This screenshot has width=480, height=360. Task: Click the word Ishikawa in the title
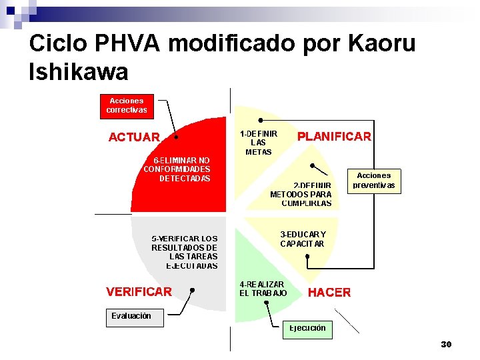pos(79,71)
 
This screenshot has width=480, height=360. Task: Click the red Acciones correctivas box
pos(127,105)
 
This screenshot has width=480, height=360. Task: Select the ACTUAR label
pos(134,137)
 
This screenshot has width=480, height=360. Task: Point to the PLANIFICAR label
pos(334,137)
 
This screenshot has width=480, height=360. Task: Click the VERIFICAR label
pos(139,291)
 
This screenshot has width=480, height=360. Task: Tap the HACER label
pos(329,293)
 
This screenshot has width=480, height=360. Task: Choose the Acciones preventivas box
pos(374,181)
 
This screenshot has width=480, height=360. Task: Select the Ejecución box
pos(307,328)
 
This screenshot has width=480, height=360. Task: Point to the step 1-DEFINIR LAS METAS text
pos(259,143)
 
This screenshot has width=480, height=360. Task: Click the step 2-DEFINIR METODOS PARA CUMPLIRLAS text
pos(301,194)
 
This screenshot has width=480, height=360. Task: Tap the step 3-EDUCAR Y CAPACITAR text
pos(303,239)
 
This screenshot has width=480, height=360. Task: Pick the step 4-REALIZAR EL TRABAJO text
pos(263,289)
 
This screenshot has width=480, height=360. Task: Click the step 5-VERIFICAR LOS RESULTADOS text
pos(185,252)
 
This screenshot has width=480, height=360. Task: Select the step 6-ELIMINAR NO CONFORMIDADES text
pos(177,169)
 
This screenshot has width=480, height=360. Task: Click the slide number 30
pos(446,344)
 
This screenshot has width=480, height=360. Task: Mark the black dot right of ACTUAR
pos(176,137)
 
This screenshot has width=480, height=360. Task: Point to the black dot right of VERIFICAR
pos(192,290)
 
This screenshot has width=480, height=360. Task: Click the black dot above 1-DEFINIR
pos(260,121)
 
